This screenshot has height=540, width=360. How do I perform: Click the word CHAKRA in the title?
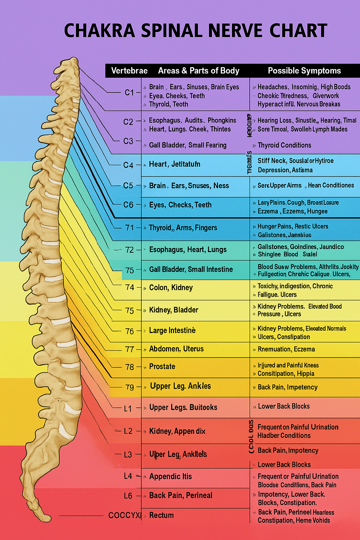click(99, 31)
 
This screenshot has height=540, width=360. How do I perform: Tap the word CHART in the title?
click(298, 31)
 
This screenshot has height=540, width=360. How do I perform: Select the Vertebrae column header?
click(129, 71)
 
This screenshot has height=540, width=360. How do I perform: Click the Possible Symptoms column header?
click(304, 71)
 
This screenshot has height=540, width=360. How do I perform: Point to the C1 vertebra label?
click(129, 92)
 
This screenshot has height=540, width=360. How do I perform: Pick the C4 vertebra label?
click(128, 165)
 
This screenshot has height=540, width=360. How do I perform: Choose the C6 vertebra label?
click(128, 205)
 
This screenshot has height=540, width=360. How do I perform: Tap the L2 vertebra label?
click(128, 431)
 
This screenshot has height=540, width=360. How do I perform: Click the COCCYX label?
click(124, 515)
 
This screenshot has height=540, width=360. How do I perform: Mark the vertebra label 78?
click(130, 367)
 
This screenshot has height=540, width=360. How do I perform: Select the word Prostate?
click(162, 367)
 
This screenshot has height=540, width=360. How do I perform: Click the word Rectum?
click(161, 515)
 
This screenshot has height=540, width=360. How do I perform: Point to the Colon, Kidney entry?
click(171, 288)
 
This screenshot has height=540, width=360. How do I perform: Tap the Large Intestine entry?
click(172, 330)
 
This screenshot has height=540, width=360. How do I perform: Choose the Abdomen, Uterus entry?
click(176, 349)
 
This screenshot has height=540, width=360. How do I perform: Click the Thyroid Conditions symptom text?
click(284, 145)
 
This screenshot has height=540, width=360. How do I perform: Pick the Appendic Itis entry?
click(171, 476)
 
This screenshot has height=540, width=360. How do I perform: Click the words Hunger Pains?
click(275, 226)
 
